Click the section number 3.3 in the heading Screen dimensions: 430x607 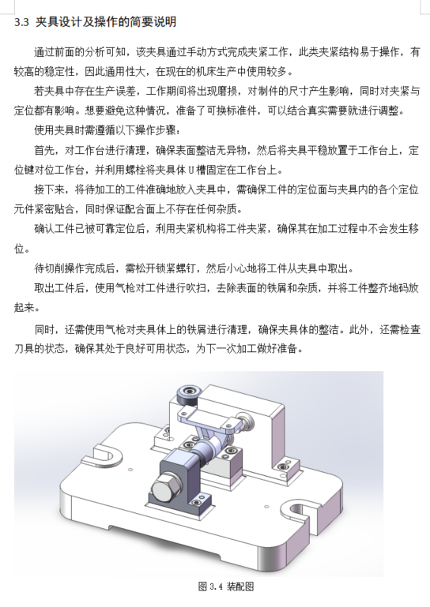pos(21,22)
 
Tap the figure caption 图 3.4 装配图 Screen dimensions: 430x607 pos(226,586)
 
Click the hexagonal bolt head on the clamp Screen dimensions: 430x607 pos(164,490)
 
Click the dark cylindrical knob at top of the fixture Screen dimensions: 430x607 pos(187,395)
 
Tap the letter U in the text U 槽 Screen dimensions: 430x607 pos(190,170)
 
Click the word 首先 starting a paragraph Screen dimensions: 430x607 pos(44,150)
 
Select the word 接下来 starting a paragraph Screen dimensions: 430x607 pos(49,189)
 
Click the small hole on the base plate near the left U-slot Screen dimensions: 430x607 pos(130,470)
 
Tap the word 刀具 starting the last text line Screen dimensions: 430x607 pos(24,348)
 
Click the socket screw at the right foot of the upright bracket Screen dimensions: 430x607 pos(284,466)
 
